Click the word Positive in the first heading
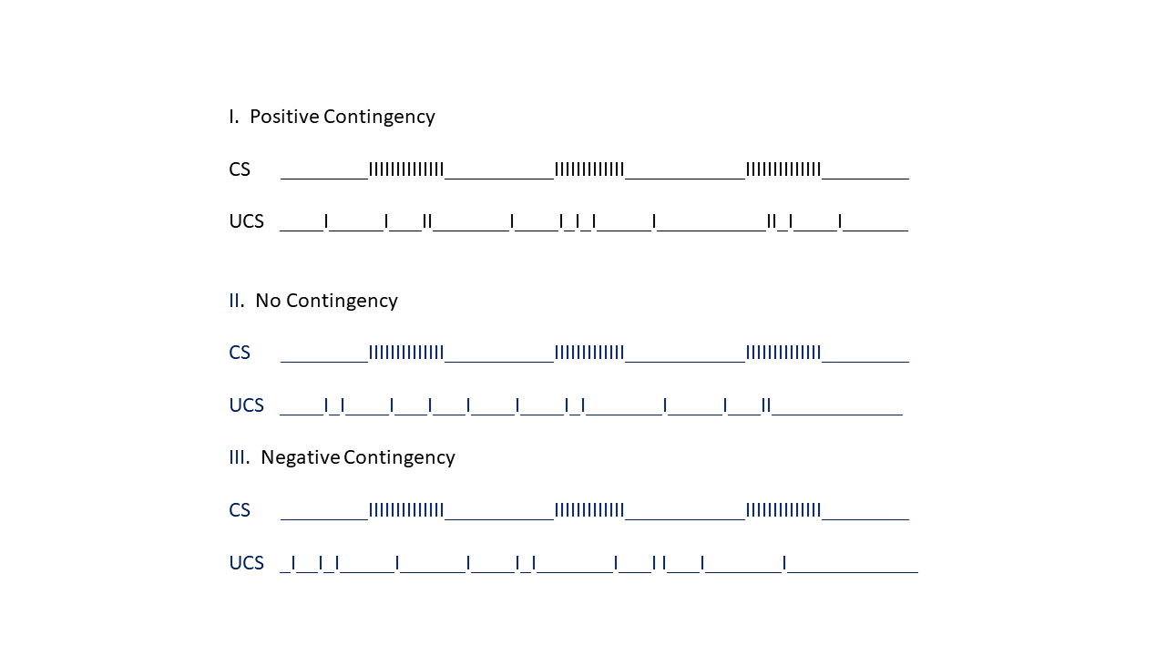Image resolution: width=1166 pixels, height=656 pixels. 284,116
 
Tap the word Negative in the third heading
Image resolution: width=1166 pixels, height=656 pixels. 300,457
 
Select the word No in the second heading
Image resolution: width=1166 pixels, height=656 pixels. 268,301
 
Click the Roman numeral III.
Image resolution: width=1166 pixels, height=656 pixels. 240,457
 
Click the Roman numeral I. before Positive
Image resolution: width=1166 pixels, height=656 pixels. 234,116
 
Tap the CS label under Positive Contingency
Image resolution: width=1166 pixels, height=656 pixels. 240,169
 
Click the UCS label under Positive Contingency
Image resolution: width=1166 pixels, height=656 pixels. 246,221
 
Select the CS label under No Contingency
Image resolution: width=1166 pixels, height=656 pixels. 240,353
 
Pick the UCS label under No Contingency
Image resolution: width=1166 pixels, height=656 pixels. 246,405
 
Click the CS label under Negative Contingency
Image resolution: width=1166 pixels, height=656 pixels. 240,510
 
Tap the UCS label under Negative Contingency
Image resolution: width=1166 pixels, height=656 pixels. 246,563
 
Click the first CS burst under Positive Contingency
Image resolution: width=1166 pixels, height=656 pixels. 406,169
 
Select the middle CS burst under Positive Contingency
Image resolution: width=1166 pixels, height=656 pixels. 589,169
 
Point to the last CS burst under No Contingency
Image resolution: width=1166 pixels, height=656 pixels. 783,353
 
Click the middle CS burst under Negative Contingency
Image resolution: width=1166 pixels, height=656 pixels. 589,510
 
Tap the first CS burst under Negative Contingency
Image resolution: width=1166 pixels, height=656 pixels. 406,510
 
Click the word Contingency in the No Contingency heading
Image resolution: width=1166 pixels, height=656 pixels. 342,302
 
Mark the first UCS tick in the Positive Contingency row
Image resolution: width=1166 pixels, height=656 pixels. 326,221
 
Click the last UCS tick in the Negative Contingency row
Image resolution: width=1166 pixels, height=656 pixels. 784,563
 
